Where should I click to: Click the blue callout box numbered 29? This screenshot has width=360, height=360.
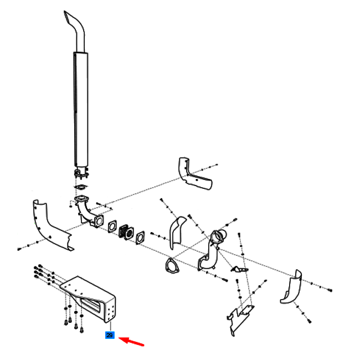(x=110, y=335)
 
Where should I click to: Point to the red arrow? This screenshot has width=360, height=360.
(x=131, y=341)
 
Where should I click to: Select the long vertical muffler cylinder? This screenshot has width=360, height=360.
(x=81, y=109)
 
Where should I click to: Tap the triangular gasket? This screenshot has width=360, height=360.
(x=172, y=266)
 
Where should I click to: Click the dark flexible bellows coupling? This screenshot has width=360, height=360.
(x=126, y=232)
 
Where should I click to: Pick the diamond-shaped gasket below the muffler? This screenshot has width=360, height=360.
(x=81, y=187)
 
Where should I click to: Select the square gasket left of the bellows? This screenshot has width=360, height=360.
(x=112, y=227)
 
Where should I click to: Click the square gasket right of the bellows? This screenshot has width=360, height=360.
(x=140, y=238)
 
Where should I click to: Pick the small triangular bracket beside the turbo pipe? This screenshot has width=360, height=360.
(x=240, y=270)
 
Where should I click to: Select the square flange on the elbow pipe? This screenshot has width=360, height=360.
(x=99, y=221)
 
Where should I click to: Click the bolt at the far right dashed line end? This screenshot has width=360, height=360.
(x=331, y=290)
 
